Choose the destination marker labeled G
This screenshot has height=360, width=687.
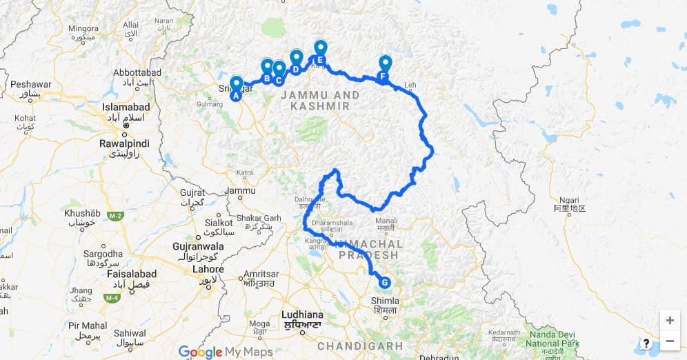click(384, 281)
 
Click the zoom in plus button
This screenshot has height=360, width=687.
click(669, 321)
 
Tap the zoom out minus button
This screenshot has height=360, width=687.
click(669, 341)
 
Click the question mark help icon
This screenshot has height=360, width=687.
click(646, 343)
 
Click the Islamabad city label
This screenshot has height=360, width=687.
click(126, 108)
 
